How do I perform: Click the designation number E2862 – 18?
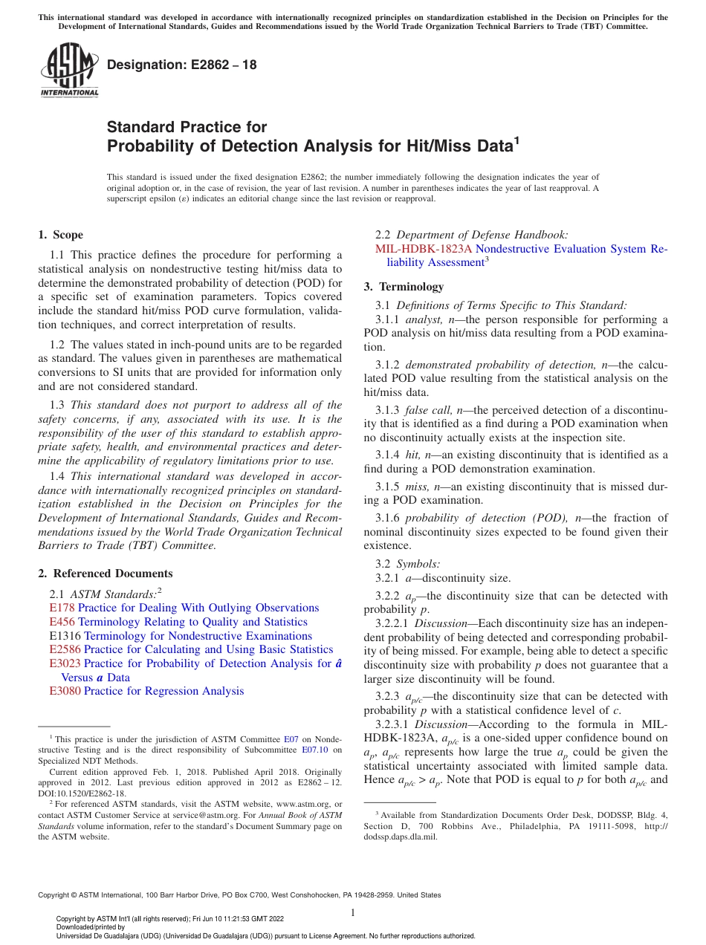pyautogui.click(x=182, y=65)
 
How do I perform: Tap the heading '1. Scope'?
pyautogui.click(x=60, y=236)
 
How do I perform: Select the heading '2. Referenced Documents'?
pyautogui.click(x=105, y=574)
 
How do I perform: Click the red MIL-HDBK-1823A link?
pyautogui.click(x=424, y=249)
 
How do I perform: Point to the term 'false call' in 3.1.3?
pyautogui.click(x=429, y=410)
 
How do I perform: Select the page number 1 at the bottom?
pyautogui.click(x=353, y=912)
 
